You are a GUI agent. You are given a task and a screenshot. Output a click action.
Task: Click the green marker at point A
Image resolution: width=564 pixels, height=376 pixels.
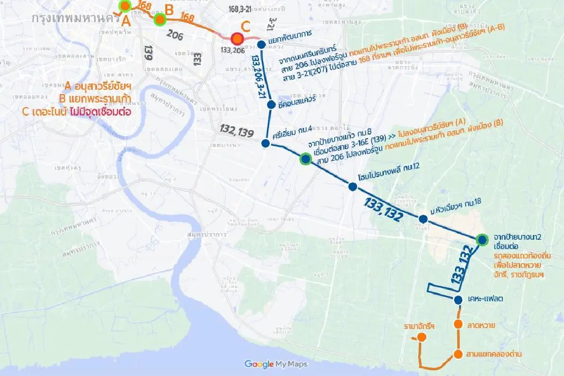[x=125, y=6]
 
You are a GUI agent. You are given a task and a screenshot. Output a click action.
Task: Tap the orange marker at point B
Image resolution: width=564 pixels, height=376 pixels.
[x=160, y=19]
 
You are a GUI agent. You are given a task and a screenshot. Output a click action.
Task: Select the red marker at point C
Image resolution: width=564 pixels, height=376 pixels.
[x=237, y=39]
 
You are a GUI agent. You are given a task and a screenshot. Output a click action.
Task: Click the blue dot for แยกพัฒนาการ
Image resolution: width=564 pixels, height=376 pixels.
[x=261, y=45]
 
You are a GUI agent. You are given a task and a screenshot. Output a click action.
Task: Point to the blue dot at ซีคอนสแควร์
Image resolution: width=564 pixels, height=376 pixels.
[x=271, y=104]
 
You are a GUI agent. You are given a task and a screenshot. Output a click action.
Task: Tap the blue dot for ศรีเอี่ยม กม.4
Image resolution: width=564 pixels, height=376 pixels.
[x=266, y=143]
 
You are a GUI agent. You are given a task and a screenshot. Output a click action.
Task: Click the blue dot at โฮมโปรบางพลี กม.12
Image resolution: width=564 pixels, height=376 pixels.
[x=353, y=187]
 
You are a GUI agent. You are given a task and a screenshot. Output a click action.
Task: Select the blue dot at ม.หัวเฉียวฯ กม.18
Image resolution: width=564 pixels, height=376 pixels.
[x=423, y=219]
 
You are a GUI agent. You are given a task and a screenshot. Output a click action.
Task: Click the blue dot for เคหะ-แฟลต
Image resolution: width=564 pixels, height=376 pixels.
[x=459, y=300]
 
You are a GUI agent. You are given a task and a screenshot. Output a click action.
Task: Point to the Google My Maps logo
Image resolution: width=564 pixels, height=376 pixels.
[x=276, y=364]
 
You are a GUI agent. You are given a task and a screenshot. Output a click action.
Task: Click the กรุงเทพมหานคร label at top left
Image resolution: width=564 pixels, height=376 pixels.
[x=73, y=19]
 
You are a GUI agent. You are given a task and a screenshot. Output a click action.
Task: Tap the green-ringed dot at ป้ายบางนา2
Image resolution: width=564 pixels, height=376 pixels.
[x=482, y=240]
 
